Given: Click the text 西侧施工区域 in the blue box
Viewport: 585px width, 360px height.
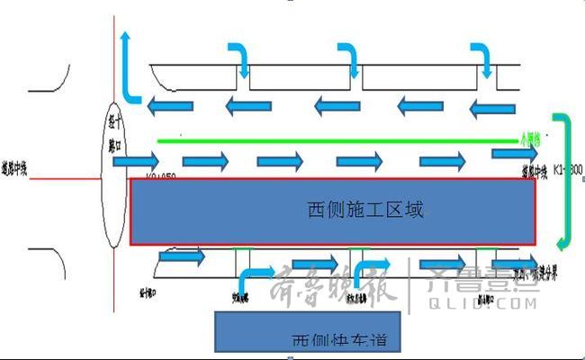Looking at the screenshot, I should click(x=364, y=211).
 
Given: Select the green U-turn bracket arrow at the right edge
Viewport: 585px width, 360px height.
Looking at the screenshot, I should click(x=563, y=180).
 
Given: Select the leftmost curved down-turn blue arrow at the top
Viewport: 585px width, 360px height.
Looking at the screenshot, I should click(x=238, y=58).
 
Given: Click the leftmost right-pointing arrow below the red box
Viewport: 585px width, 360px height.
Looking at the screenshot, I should click(x=181, y=258).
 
